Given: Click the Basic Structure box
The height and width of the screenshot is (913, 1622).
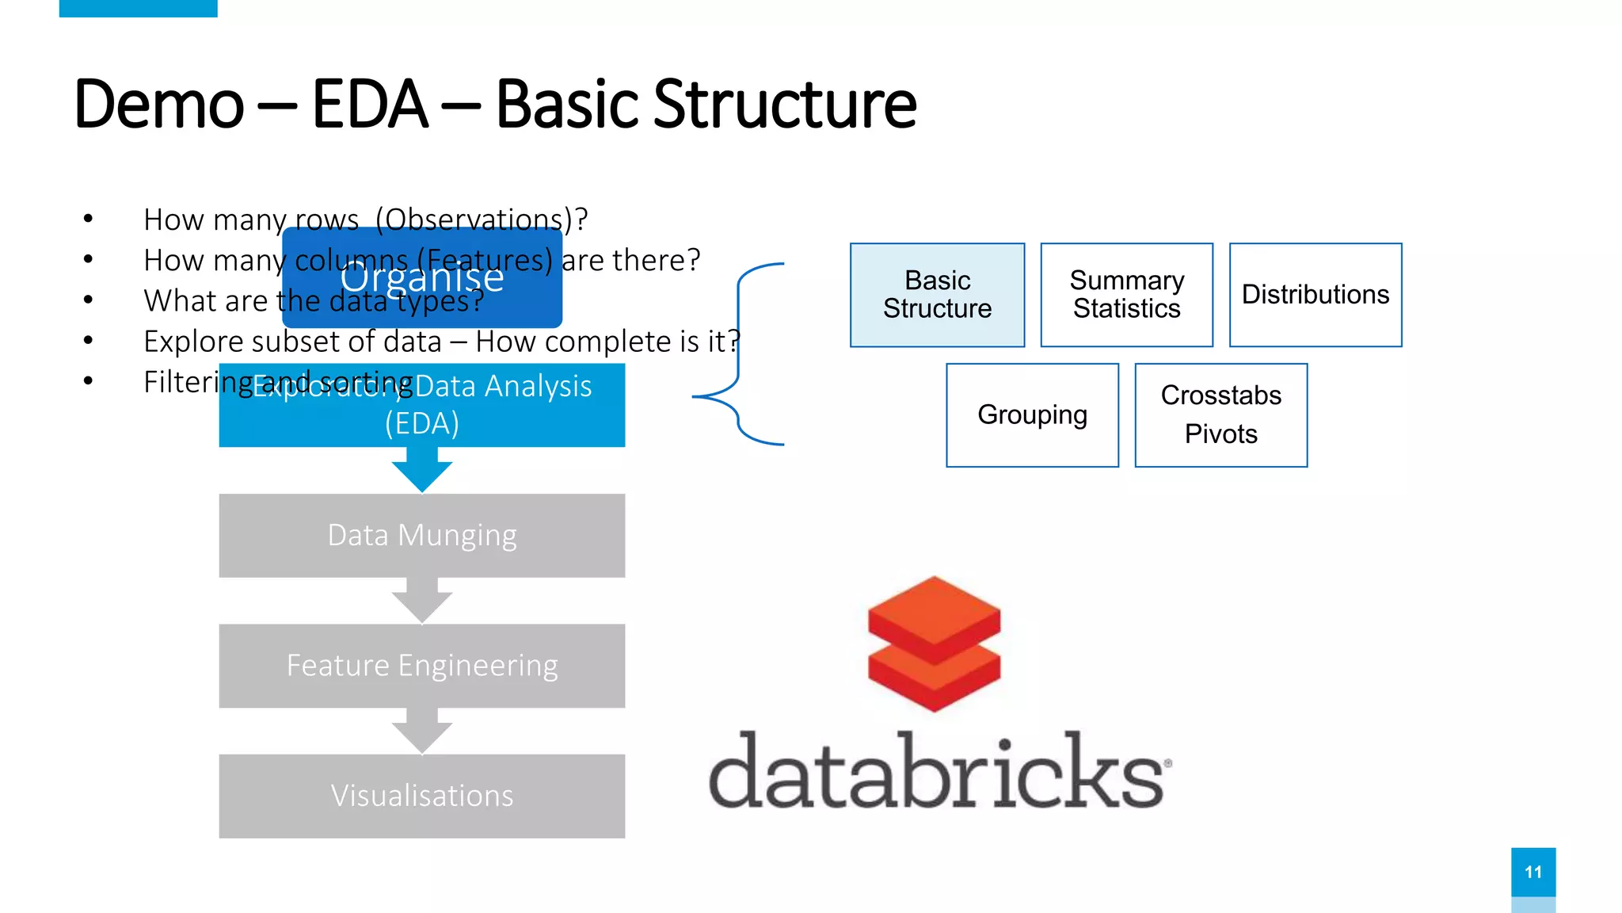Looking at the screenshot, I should tap(937, 295).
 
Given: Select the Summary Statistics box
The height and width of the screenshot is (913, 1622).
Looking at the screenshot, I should tap(1126, 295).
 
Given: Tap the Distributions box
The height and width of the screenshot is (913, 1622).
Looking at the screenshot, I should tap(1315, 295).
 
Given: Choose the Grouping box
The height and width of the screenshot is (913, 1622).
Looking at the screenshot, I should tap(1032, 415).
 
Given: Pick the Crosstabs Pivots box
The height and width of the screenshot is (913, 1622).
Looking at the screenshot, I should tap(1220, 415).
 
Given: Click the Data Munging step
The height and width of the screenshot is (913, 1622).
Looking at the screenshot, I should tap(421, 536).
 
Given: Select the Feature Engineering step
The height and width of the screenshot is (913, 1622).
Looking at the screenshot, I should tap(421, 666).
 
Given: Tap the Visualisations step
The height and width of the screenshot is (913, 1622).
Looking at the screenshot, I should tap(421, 796).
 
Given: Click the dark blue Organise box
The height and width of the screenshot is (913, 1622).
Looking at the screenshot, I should tap(422, 278).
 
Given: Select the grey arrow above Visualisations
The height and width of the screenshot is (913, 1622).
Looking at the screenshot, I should tap(422, 732).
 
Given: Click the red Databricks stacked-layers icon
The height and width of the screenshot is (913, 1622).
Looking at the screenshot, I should tap(934, 644).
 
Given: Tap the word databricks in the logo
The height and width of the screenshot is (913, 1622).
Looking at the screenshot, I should tap(936, 772).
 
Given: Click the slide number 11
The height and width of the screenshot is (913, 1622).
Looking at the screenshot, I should tap(1533, 872).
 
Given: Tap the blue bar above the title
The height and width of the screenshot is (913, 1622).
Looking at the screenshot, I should tap(138, 8).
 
